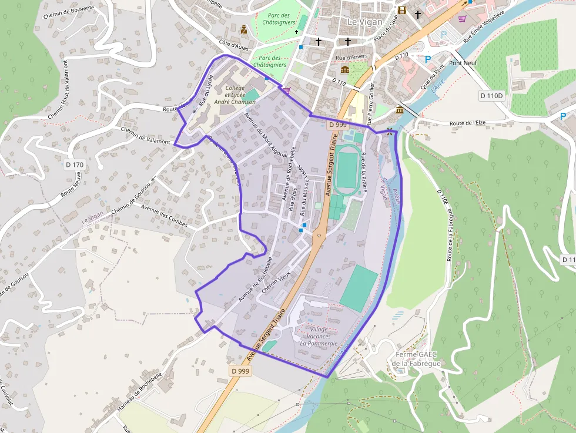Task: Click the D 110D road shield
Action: click(492, 96)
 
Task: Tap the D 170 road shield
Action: click(75, 165)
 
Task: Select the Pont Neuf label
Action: click(463, 63)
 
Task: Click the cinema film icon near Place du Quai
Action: click(402, 10)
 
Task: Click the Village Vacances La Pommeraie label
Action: click(319, 336)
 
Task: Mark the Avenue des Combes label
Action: click(164, 214)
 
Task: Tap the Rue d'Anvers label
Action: click(351, 58)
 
